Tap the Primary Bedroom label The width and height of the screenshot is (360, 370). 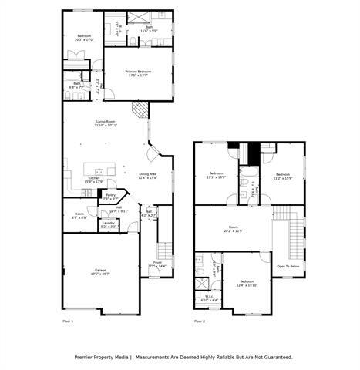(x=138, y=72)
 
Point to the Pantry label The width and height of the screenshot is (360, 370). (x=110, y=197)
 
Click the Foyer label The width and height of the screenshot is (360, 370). (x=156, y=264)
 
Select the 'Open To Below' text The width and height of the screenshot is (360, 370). (x=288, y=266)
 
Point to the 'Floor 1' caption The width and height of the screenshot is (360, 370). (x=68, y=321)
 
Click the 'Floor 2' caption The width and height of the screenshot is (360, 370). (x=200, y=321)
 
